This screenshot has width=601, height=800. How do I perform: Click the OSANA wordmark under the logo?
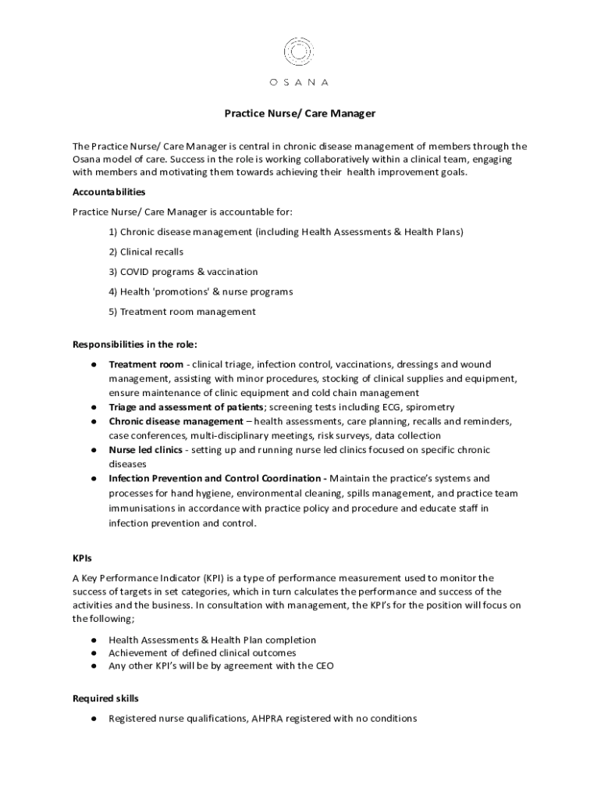pyautogui.click(x=299, y=82)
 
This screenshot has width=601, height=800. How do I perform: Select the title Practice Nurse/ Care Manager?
pyautogui.click(x=300, y=113)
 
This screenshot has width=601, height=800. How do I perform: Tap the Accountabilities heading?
pyautogui.click(x=109, y=191)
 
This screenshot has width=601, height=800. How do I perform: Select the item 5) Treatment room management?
pyautogui.click(x=182, y=312)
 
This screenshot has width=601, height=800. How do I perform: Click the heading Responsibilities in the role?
pyautogui.click(x=135, y=345)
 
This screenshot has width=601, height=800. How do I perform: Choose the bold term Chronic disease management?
pyautogui.click(x=176, y=421)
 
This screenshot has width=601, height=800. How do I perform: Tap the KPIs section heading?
pyautogui.click(x=82, y=559)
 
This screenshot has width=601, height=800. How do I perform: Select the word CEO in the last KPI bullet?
pyautogui.click(x=325, y=666)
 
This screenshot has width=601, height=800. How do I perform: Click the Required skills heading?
pyautogui.click(x=105, y=698)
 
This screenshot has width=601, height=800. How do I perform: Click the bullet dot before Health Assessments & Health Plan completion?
pyautogui.click(x=94, y=640)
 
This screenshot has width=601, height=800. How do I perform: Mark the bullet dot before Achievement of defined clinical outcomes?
pyautogui.click(x=94, y=653)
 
